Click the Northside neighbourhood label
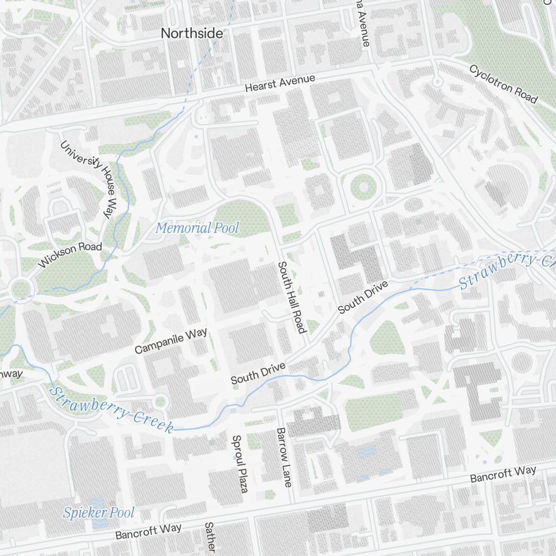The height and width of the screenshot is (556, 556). (192, 33)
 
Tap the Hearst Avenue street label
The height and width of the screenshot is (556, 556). (280, 84)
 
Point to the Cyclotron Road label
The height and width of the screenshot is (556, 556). (503, 84)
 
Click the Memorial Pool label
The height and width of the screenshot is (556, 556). (197, 228)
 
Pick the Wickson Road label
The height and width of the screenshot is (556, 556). (70, 255)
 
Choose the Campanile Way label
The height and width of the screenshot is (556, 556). (171, 341)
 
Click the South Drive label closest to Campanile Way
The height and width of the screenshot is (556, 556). (258, 373)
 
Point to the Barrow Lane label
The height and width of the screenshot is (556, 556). (284, 457)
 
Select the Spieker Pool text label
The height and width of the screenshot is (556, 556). (98, 513)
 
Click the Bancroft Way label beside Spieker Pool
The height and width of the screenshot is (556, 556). (148, 532)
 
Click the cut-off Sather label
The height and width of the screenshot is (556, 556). (210, 537)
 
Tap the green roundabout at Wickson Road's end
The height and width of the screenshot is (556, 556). (21, 288)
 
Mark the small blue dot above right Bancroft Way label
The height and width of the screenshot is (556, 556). (484, 461)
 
